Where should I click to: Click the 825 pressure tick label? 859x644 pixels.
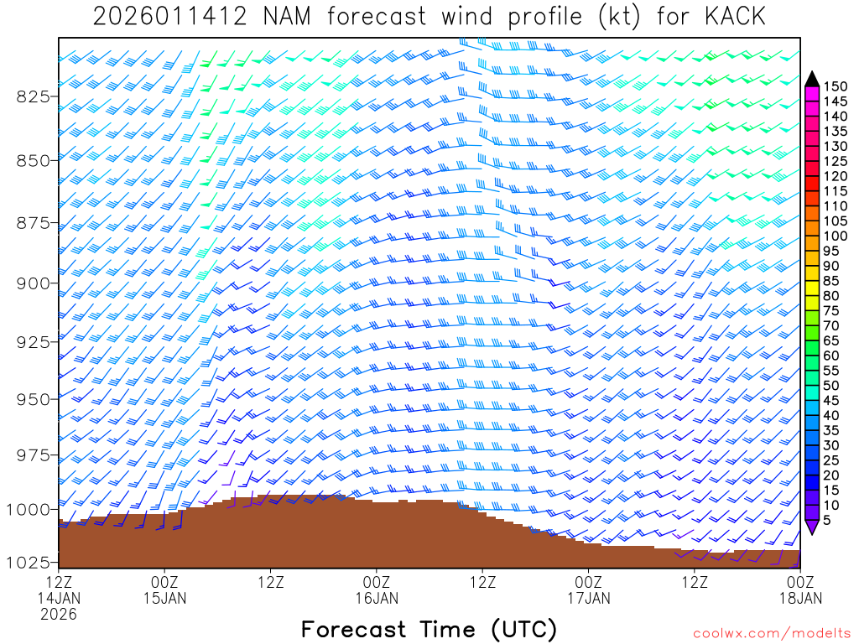(33, 96)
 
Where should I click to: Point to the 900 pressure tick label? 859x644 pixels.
(33, 283)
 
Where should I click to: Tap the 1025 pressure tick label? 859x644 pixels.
(28, 561)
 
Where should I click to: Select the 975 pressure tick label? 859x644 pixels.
(33, 455)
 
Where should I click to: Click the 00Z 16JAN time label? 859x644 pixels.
(377, 590)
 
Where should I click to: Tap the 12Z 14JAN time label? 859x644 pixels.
(59, 590)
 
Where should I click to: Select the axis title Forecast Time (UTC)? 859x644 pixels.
(429, 629)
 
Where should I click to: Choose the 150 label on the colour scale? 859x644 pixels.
(836, 86)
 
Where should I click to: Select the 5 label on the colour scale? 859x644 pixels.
(830, 520)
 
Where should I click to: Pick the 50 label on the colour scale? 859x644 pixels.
(833, 386)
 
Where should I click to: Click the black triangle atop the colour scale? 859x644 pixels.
(812, 79)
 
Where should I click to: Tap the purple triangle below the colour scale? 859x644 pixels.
(812, 527)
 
